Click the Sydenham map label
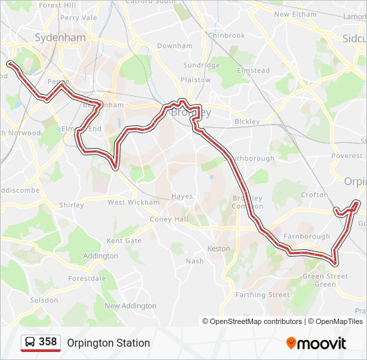coord(60,38)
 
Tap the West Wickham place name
coord(133,202)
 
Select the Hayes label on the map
coord(181,196)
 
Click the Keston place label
coord(219,249)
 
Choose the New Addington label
coord(130,306)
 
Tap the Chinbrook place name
coord(226,35)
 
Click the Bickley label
coord(246,122)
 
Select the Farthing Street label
coord(263,295)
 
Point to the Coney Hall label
coord(169,219)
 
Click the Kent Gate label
coord(124,241)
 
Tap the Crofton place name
coord(314,195)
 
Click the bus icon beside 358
coord(30,342)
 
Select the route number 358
coord(48,342)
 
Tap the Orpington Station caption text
coord(108,343)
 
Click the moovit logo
coord(316,343)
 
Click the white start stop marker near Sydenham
coord(10,63)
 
